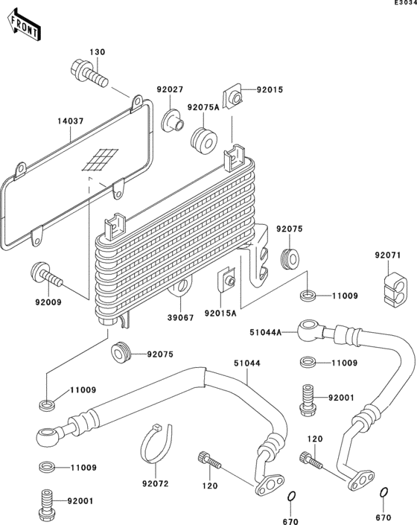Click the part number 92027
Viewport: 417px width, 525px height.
coord(169,90)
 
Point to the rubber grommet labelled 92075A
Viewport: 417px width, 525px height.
coord(203,139)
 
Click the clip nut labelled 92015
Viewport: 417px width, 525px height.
coord(234,97)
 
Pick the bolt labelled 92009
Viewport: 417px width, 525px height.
coord(47,275)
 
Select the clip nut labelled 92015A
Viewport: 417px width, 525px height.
coord(227,281)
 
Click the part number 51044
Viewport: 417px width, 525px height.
coord(246,363)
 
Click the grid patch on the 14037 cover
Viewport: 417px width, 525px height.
coord(99,159)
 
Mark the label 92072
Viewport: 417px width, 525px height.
coord(156,483)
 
